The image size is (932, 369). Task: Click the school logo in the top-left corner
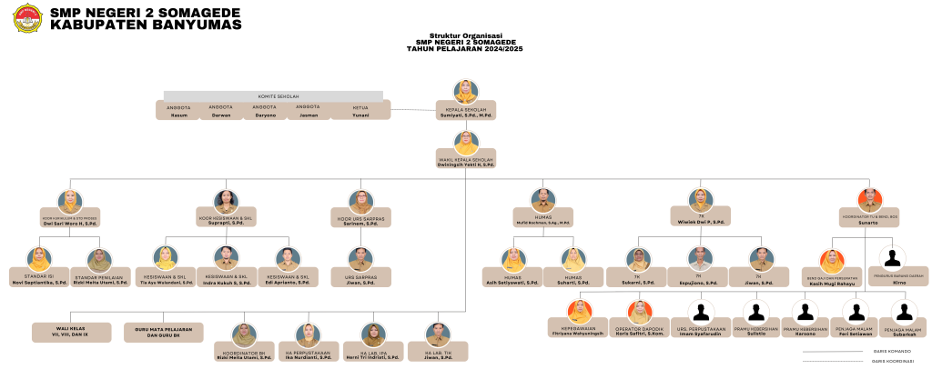[x=25, y=18]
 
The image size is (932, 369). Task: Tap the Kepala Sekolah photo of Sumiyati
[x=466, y=92]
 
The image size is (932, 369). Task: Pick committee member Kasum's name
[x=178, y=115]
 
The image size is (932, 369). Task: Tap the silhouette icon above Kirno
[x=893, y=259]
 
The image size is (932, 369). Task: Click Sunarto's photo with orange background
[x=869, y=200]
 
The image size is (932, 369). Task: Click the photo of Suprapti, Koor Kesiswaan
[x=225, y=201]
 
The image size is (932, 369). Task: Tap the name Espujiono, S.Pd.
[x=698, y=283]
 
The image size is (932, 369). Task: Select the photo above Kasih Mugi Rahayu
[x=833, y=261]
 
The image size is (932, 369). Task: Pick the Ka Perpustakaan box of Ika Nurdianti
[x=308, y=354]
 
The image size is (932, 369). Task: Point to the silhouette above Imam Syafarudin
[x=699, y=312]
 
